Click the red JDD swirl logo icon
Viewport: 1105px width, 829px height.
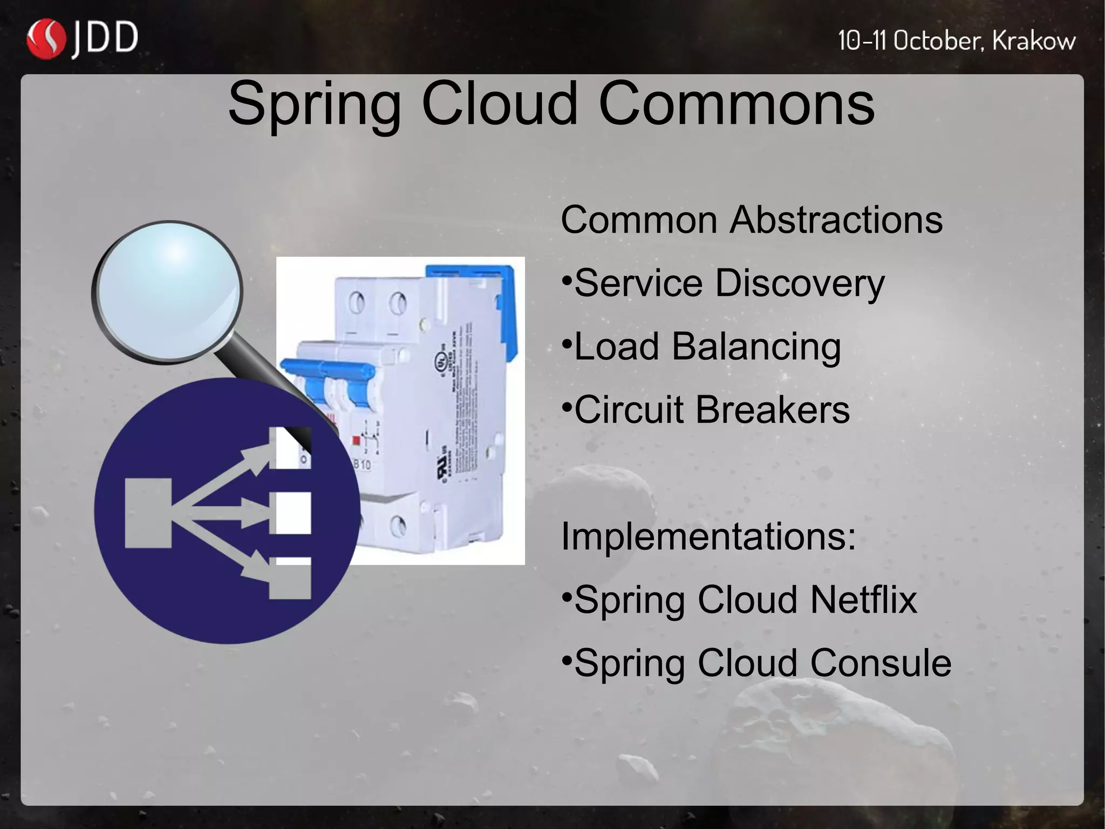coord(46,39)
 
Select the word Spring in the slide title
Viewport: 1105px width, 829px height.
coord(315,104)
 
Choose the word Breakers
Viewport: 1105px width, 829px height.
coord(772,409)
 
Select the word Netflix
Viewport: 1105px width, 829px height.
coord(863,599)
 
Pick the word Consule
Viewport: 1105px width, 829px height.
coord(881,663)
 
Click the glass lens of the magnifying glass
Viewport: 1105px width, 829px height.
coord(167,292)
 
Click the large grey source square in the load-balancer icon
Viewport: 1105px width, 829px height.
coord(148,513)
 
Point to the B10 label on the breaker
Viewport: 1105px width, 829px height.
coord(361,464)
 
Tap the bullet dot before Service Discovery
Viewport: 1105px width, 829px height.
coord(566,281)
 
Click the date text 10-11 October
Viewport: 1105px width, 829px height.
coord(912,41)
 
